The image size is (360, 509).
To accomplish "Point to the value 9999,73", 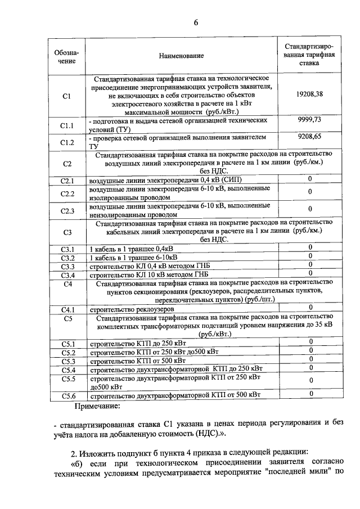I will pyautogui.click(x=309, y=120).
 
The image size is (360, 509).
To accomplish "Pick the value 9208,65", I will pyautogui.click(x=309, y=136).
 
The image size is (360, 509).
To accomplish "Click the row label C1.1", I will pyautogui.click(x=67, y=125).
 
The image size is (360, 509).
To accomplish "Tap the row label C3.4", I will pyautogui.click(x=67, y=275).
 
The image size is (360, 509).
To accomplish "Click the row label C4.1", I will pyautogui.click(x=67, y=309).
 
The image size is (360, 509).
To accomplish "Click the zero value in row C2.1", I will pyautogui.click(x=309, y=179).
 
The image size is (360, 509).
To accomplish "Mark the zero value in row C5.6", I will pyautogui.click(x=309, y=394).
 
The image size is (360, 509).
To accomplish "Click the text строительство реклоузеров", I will pyautogui.click(x=132, y=309).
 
